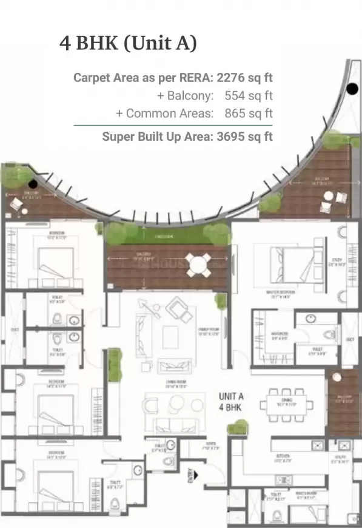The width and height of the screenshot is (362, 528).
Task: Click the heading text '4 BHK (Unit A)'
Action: [x=128, y=44]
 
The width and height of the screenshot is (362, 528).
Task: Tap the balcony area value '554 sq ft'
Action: [x=248, y=95]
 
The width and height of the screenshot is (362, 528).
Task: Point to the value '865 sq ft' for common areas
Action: [x=248, y=113]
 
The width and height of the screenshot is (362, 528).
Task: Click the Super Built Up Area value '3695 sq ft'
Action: [x=244, y=137]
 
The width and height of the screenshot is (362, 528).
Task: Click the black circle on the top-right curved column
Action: [x=351, y=90]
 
